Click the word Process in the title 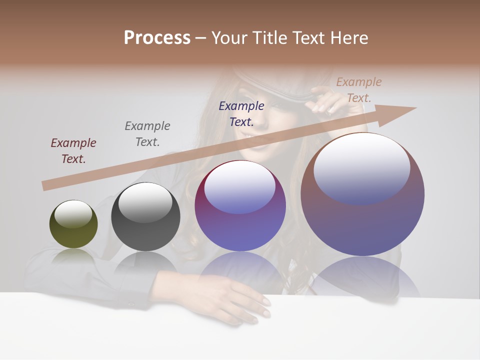[157, 38]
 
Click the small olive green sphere [73, 224]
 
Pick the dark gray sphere [145, 217]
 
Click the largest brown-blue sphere [362, 194]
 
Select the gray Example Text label [147, 134]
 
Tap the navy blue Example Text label [241, 113]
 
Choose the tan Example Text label [359, 90]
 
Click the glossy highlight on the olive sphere [73, 214]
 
